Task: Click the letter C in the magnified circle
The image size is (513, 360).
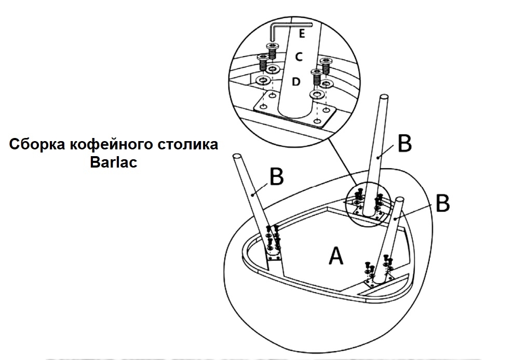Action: point(299,57)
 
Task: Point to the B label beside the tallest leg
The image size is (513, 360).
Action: point(403,144)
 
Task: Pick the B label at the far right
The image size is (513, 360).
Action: point(442,204)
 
